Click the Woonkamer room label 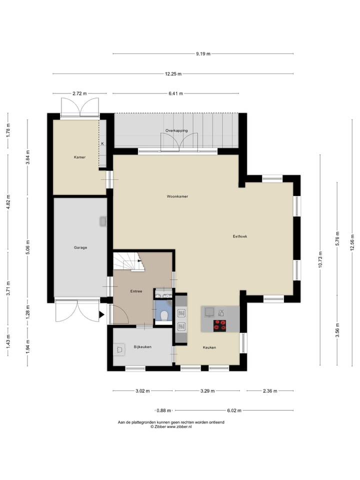click(x=177, y=196)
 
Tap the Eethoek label click(x=239, y=236)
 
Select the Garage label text click(x=80, y=247)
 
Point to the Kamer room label click(x=79, y=157)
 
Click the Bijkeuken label click(x=142, y=347)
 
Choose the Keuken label click(x=209, y=347)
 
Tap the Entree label click(x=136, y=291)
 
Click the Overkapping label click(x=176, y=130)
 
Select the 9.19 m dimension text click(x=203, y=54)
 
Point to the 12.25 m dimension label click(x=173, y=74)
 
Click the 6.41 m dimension click(x=175, y=93)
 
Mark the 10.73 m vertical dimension click(x=320, y=259)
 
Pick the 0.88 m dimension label click(x=164, y=410)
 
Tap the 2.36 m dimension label click(x=270, y=391)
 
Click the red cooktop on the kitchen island click(x=220, y=325)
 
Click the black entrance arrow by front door click(x=101, y=314)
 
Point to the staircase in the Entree click(x=128, y=261)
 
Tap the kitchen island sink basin click(x=209, y=311)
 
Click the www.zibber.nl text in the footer click(x=179, y=426)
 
